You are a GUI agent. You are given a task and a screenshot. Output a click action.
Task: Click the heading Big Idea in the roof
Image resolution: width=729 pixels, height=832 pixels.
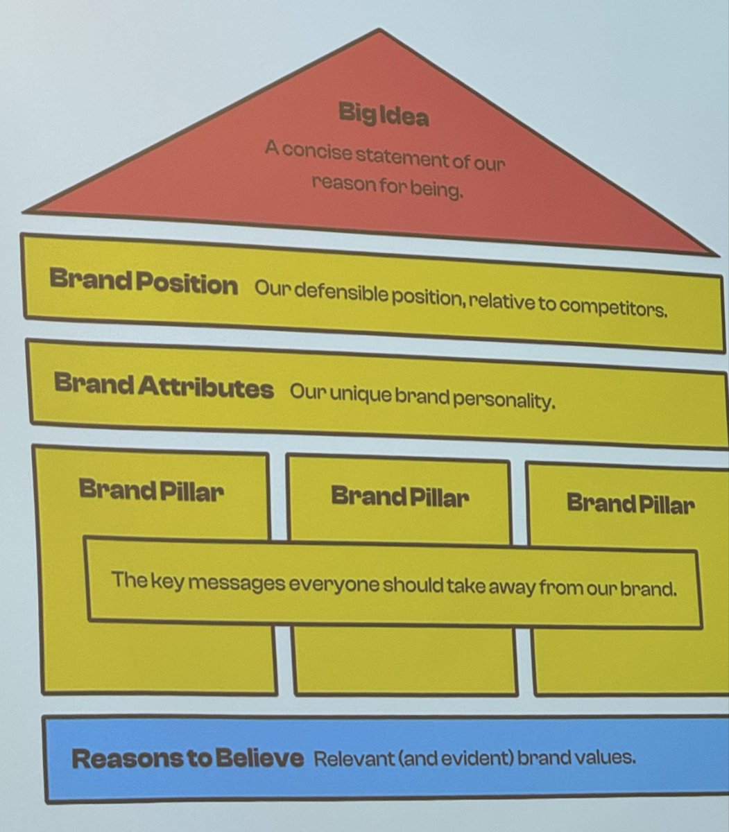pyautogui.click(x=384, y=114)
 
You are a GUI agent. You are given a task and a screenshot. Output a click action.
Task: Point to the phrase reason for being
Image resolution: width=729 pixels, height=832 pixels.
pyautogui.click(x=387, y=187)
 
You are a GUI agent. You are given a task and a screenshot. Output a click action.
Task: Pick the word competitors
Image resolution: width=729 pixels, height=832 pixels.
pyautogui.click(x=613, y=307)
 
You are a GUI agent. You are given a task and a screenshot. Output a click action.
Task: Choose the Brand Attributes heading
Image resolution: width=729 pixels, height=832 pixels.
pyautogui.click(x=164, y=385)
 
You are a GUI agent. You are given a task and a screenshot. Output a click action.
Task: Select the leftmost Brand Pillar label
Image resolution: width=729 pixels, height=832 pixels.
pyautogui.click(x=151, y=489)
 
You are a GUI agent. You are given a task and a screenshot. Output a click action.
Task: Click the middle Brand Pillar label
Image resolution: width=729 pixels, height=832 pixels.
pyautogui.click(x=400, y=496)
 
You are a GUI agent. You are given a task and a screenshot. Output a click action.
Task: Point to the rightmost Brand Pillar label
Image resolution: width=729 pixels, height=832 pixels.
pyautogui.click(x=630, y=503)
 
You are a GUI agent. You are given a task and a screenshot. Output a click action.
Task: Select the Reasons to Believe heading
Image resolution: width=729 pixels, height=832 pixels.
pyautogui.click(x=187, y=758)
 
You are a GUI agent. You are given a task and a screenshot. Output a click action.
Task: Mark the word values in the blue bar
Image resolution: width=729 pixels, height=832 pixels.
pyautogui.click(x=608, y=757)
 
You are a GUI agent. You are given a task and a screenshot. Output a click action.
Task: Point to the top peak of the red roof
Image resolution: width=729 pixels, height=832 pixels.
pyautogui.click(x=379, y=30)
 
